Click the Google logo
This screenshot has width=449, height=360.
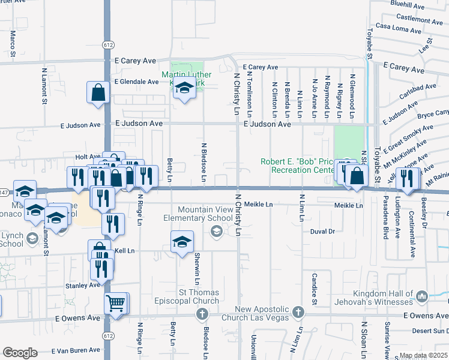click(20, 353)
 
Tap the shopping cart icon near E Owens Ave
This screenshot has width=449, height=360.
click(116, 302)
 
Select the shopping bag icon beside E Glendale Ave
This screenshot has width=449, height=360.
click(98, 93)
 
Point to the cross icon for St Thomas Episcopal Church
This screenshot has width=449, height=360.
click(202, 313)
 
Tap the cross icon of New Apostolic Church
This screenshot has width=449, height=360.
click(298, 313)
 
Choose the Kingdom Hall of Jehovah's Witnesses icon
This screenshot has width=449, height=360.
click(421, 295)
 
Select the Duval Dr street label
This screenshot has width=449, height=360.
click(322, 231)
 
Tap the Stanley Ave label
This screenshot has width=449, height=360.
click(83, 286)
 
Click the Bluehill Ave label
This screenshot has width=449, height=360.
click(408, 4)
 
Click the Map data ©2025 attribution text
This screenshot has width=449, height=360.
click(423, 355)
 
